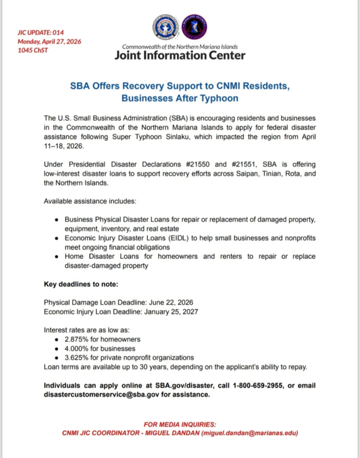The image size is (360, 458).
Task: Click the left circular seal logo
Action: pyautogui.click(x=165, y=27)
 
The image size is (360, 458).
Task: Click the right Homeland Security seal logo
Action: pyautogui.click(x=194, y=27)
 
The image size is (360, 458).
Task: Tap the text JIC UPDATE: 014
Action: pyautogui.click(x=40, y=32)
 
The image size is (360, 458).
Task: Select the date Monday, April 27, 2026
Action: pyautogui.click(x=49, y=41)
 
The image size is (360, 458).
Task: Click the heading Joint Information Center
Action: pyautogui.click(x=180, y=56)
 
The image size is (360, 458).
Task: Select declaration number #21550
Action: pyautogui.click(x=198, y=164)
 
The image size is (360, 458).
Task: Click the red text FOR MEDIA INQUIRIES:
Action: pyautogui.click(x=180, y=424)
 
